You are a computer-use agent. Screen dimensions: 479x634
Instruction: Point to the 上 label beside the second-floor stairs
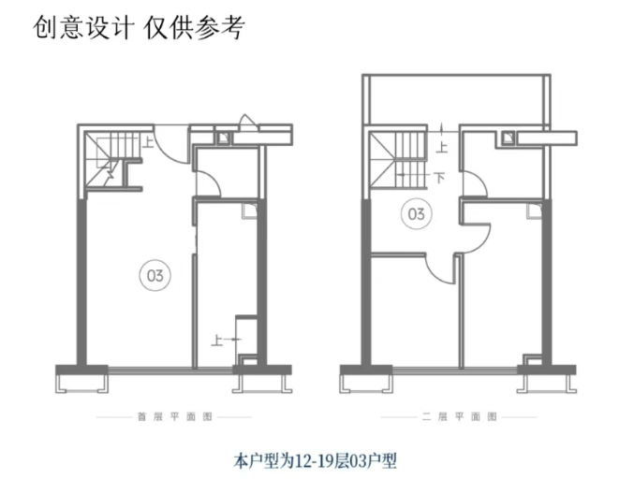(x=442, y=146)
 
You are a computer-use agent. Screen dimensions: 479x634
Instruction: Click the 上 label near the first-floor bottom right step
(x=217, y=338)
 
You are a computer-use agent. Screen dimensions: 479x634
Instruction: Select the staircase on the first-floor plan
(x=111, y=157)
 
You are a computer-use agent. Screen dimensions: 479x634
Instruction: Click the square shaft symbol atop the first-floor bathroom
(x=224, y=138)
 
